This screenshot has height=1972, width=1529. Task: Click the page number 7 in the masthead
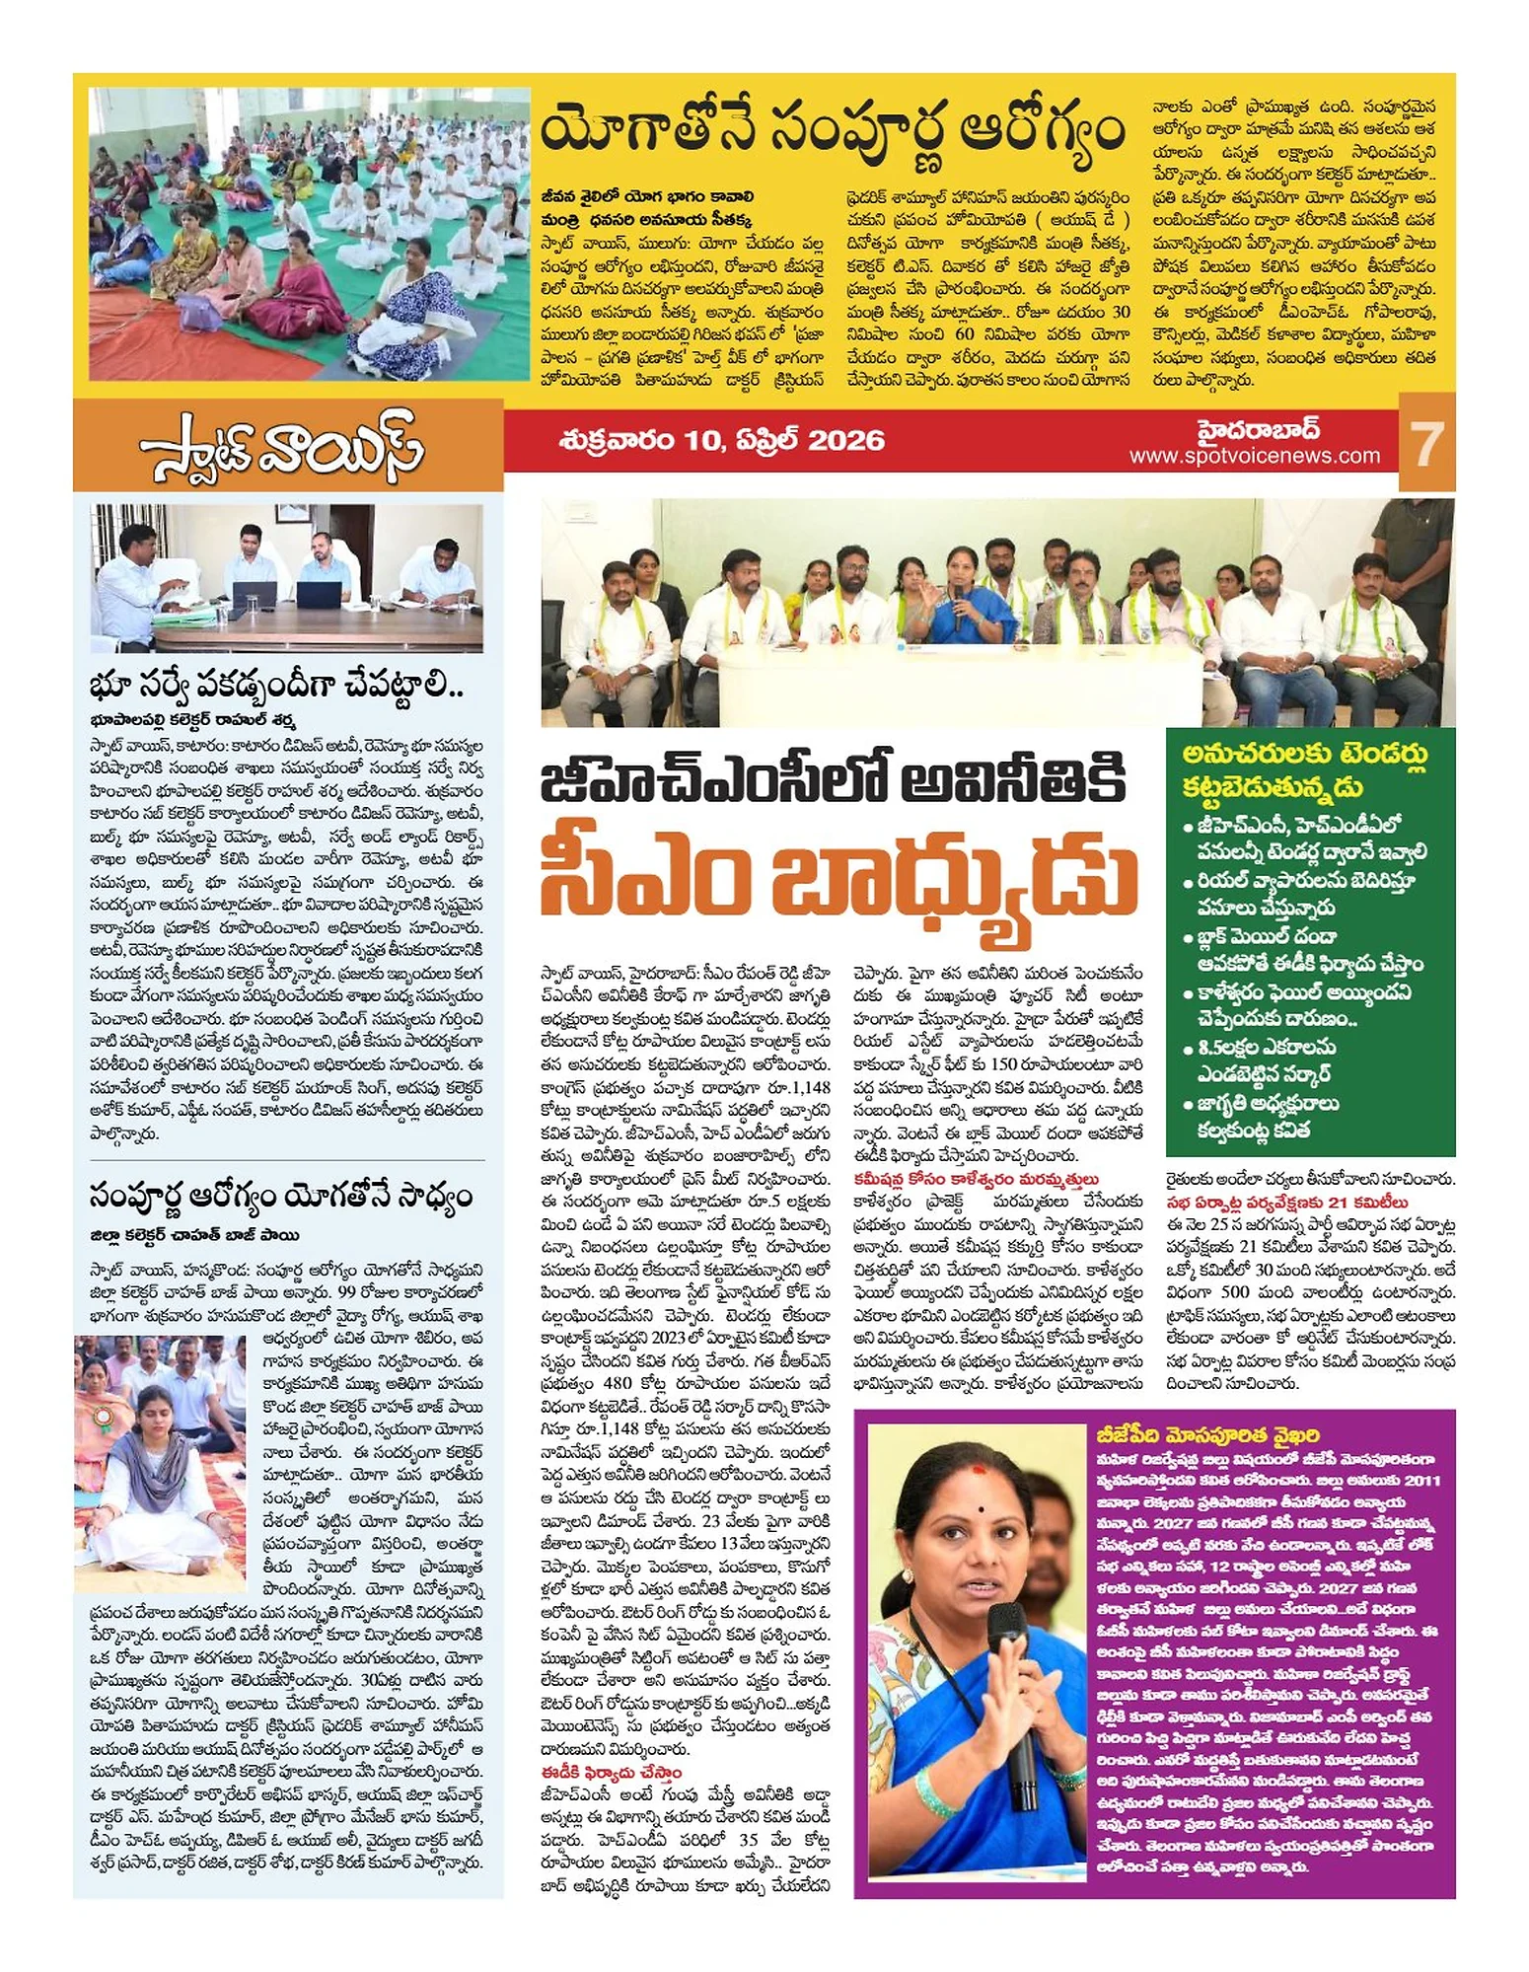click(1427, 444)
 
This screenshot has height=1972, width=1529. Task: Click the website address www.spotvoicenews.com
click(1254, 456)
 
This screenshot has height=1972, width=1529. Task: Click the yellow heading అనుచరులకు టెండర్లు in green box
click(1305, 755)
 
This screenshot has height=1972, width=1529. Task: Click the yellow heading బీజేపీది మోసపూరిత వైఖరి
click(1207, 1434)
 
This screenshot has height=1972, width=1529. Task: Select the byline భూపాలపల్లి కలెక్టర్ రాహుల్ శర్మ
click(192, 719)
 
